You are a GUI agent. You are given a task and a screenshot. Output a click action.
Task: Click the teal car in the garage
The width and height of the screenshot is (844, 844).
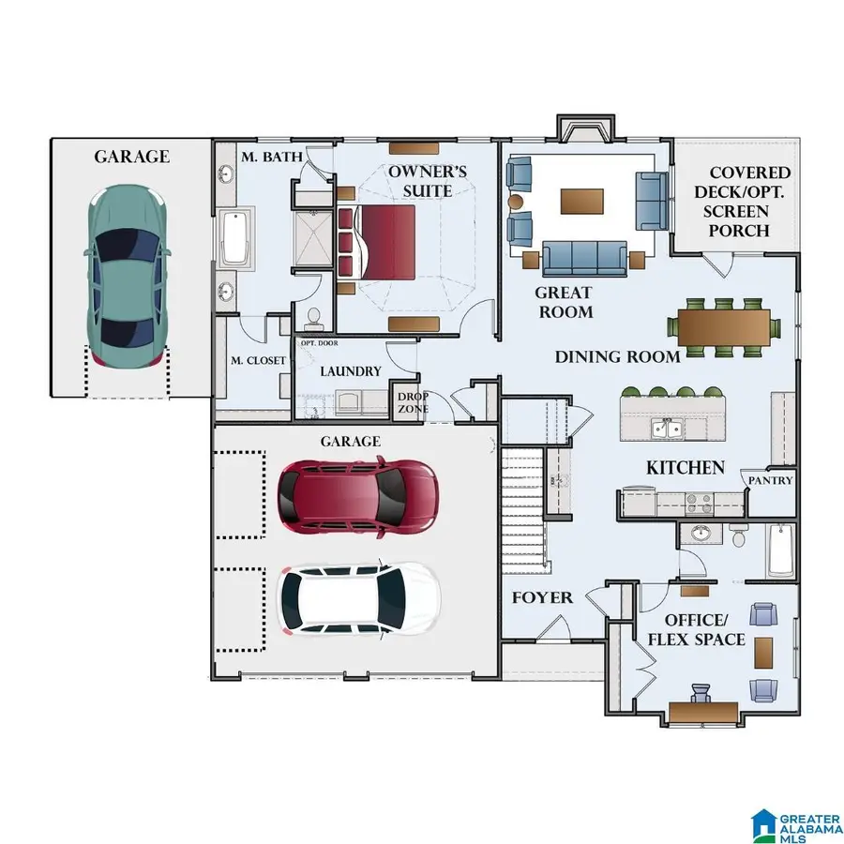coord(127,277)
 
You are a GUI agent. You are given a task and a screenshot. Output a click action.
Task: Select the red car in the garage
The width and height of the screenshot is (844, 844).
coord(358,497)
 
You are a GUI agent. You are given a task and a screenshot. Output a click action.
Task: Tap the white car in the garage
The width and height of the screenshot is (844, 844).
coord(358,599)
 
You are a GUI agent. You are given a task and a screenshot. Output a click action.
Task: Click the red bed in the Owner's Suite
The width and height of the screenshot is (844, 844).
coord(376,242)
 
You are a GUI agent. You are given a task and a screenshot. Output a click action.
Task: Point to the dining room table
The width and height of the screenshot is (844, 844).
coord(724,327)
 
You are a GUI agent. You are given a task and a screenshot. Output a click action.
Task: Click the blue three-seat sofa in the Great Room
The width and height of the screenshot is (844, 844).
coord(584,259)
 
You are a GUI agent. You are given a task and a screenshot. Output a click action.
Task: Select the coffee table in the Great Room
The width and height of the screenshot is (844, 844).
coord(581,202)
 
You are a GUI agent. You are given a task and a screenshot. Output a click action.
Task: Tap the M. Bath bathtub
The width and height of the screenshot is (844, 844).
coord(235,237)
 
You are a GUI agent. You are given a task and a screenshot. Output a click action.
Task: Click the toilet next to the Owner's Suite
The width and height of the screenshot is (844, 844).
coord(312,318)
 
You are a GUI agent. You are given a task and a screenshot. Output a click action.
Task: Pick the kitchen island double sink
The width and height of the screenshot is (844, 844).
coord(668,429)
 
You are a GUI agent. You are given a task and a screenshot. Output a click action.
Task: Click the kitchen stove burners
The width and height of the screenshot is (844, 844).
coord(699,504)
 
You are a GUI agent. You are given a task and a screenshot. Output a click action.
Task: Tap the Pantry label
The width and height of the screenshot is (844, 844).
coord(770,480)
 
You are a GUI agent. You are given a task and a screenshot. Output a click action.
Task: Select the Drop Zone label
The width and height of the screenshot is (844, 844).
coord(413,402)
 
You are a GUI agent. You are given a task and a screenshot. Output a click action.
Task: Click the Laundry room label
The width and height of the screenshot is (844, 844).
coord(351,371)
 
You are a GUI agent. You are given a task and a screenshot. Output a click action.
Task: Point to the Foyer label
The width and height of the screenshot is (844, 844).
coord(542,597)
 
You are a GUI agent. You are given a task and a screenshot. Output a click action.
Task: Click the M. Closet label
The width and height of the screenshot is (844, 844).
coord(258,361)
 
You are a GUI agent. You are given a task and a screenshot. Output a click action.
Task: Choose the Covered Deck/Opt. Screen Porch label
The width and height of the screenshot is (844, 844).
coord(743,202)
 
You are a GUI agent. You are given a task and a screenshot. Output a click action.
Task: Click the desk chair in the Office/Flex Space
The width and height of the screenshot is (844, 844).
coord(701,693)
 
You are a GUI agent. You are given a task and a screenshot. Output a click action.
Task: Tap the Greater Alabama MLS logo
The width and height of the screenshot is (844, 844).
coord(796,823)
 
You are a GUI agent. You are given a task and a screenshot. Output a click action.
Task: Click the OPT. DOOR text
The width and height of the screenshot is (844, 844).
coord(319,343)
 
